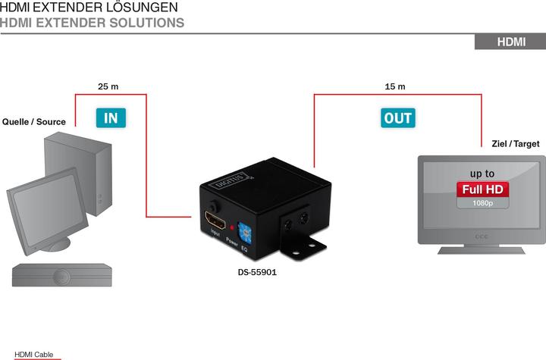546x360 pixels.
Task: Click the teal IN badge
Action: tap(111, 117)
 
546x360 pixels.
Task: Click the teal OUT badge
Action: tap(398, 117)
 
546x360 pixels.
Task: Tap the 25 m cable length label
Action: tap(108, 86)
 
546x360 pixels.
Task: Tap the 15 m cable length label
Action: tap(395, 86)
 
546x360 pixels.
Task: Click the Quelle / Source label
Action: tap(34, 121)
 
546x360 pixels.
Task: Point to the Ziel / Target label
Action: tap(516, 143)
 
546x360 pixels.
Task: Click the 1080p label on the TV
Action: tap(482, 203)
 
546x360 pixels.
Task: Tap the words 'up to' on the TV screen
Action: tap(482, 174)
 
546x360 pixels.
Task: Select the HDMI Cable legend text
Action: tap(34, 354)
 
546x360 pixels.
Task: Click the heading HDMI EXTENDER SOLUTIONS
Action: tap(92, 23)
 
